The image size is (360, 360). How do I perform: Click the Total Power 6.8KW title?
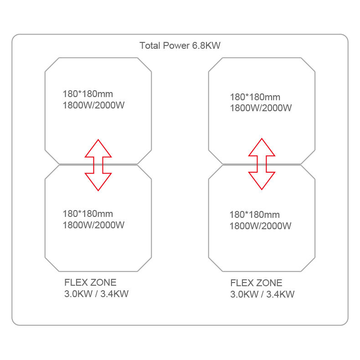pyautogui.click(x=180, y=46)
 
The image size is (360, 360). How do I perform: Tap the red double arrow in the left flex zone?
pyautogui.click(x=98, y=165)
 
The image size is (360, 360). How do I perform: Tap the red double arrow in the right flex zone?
pyautogui.click(x=262, y=164)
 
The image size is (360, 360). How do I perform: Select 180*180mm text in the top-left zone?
pyautogui.click(x=88, y=94)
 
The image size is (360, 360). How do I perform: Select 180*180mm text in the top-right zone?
pyautogui.click(x=255, y=97)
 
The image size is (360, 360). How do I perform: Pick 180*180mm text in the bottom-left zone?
pyautogui.click(x=88, y=214)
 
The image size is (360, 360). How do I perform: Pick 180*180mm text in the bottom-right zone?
pyautogui.click(x=255, y=215)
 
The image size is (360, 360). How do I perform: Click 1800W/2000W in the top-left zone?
pyautogui.click(x=94, y=105)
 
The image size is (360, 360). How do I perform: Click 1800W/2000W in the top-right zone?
pyautogui.click(x=261, y=108)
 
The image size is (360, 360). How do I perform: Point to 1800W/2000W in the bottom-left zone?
pyautogui.click(x=93, y=225)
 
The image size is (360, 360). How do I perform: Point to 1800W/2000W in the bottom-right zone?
pyautogui.click(x=261, y=226)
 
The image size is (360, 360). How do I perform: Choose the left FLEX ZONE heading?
pyautogui.click(x=90, y=283)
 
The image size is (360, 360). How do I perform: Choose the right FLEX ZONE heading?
pyautogui.click(x=256, y=283)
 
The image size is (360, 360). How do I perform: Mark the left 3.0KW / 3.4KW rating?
pyautogui.click(x=97, y=294)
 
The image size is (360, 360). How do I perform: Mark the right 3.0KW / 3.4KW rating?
pyautogui.click(x=262, y=294)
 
